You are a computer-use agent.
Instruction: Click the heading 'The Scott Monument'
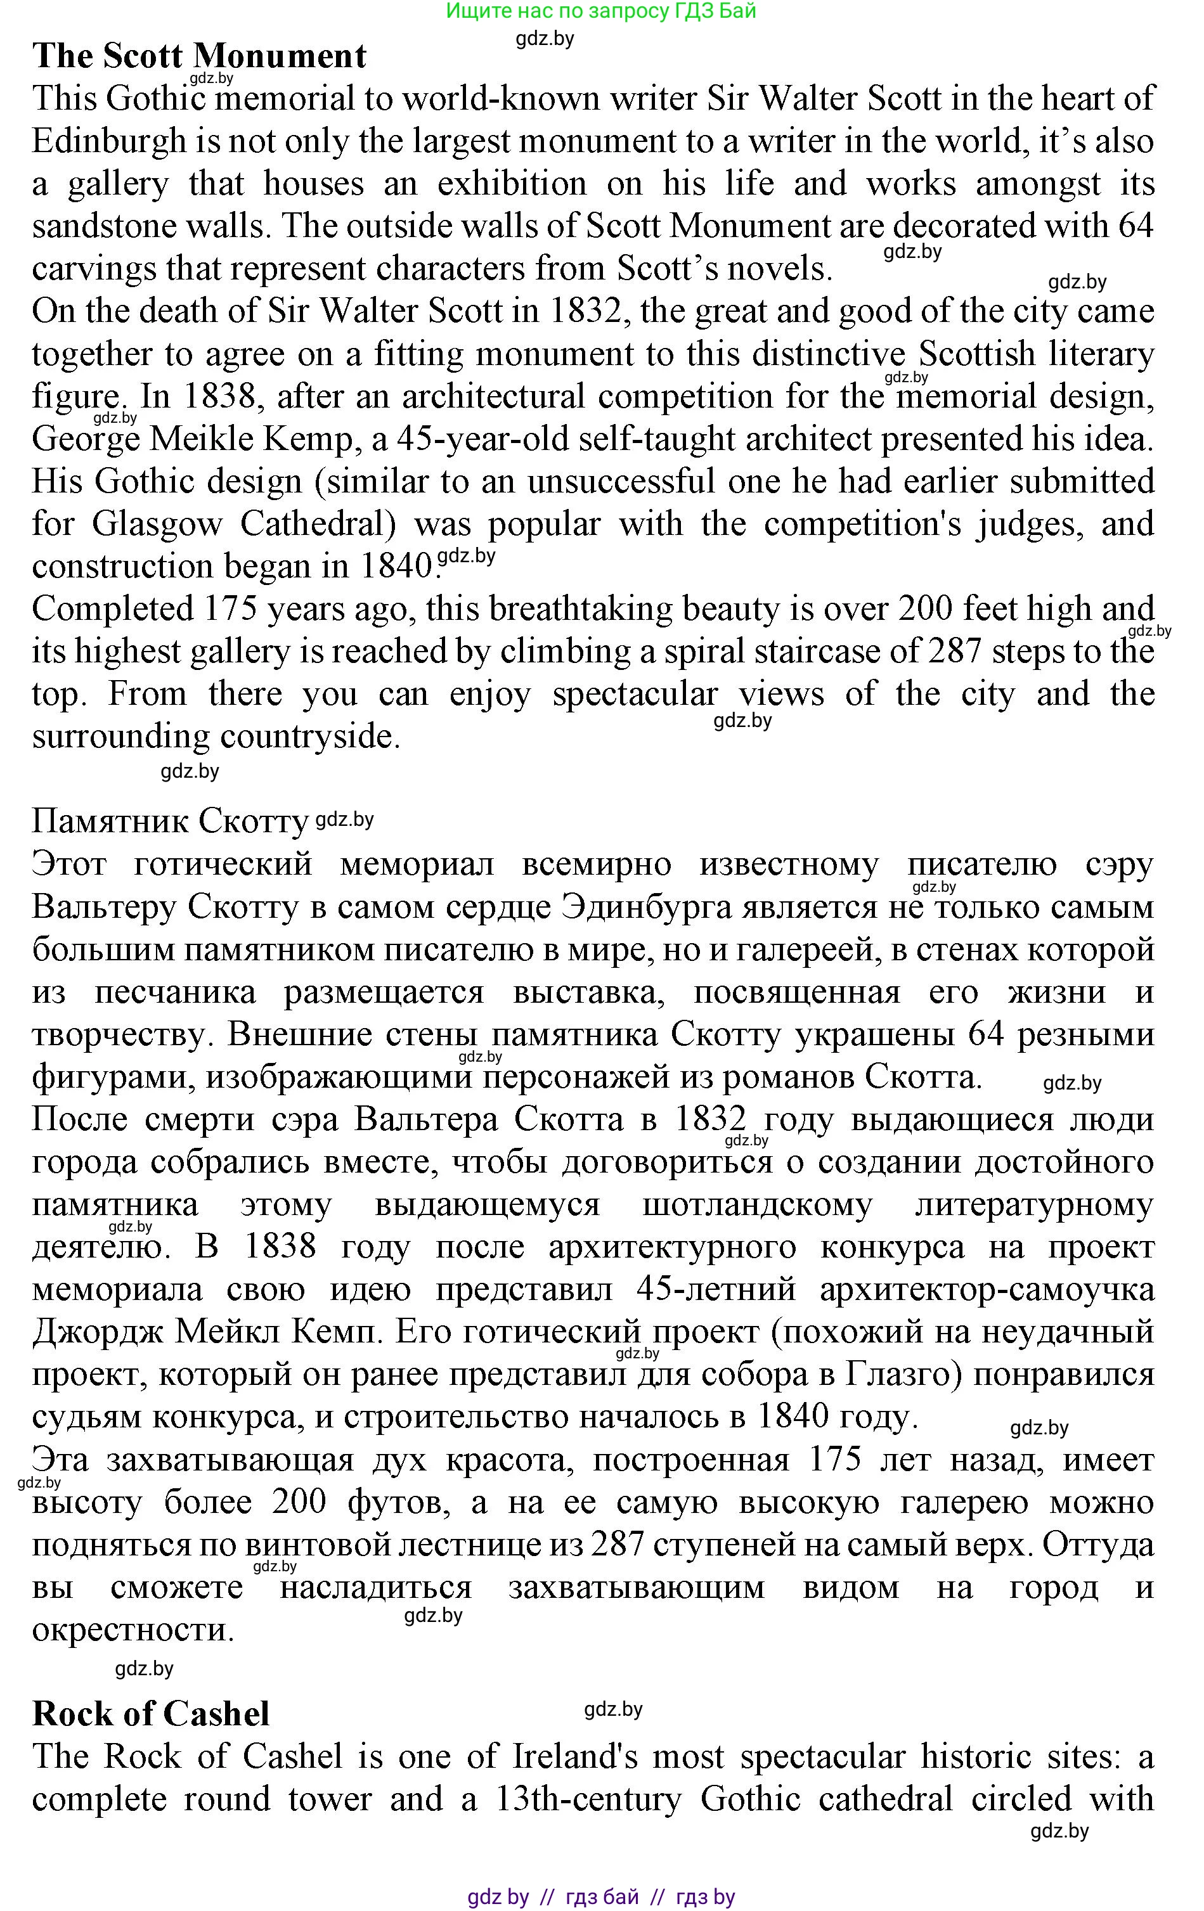tap(199, 56)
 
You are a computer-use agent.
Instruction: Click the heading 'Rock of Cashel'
tap(151, 1714)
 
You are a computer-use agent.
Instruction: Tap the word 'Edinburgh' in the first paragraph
tap(108, 141)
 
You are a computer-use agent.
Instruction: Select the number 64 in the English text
tap(1135, 226)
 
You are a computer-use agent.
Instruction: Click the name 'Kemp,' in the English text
tap(307, 439)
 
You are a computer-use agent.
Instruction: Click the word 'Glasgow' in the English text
tap(157, 524)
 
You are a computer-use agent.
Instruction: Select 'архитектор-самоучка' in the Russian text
tap(987, 1290)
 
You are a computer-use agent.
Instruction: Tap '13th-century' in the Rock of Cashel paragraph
tap(588, 1799)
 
